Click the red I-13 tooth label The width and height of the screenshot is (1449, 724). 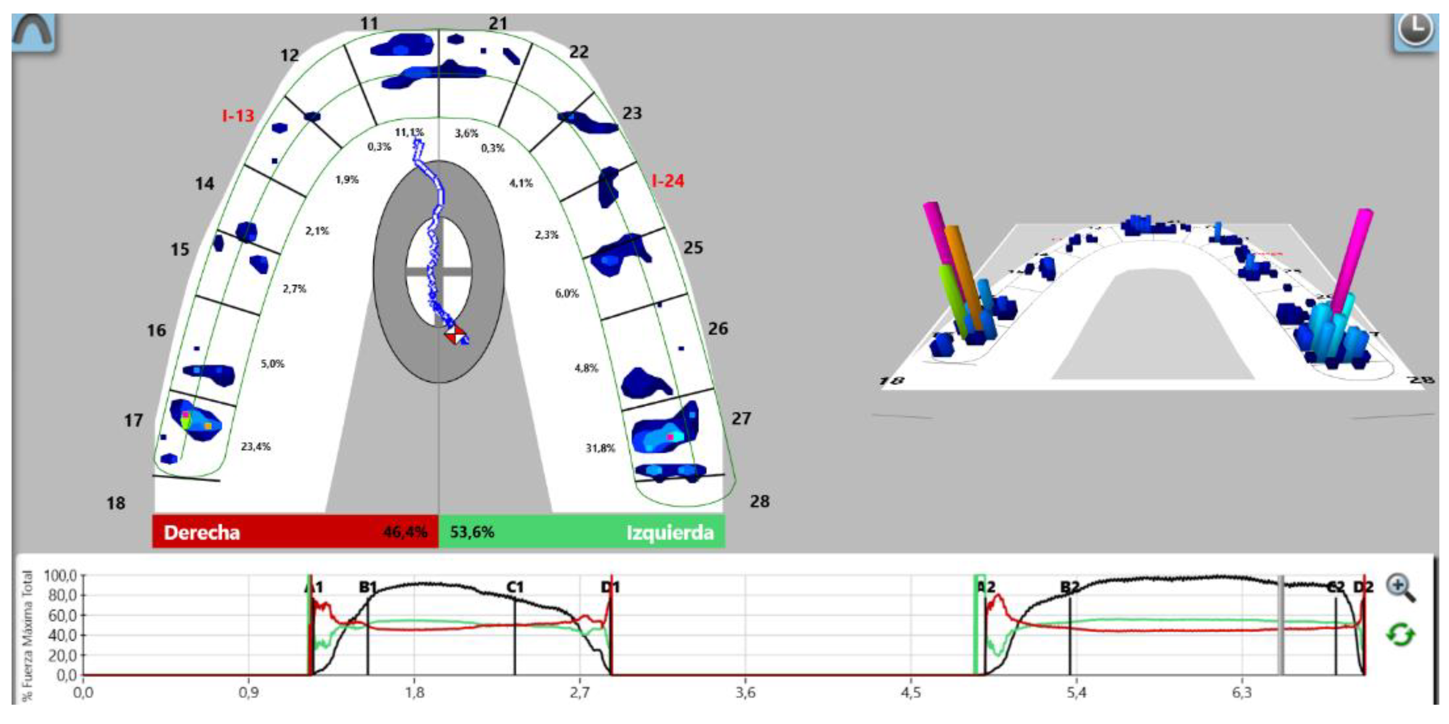pos(238,116)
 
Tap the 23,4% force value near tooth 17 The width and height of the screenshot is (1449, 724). pos(255,447)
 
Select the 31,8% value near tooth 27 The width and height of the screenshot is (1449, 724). pos(600,449)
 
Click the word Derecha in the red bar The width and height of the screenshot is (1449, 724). pos(201,533)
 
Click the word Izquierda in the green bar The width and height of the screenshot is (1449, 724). pos(669,533)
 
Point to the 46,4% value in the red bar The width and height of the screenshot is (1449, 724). pos(405,533)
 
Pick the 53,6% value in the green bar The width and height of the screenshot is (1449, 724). pos(472,533)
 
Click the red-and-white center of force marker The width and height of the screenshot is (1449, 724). pos(455,335)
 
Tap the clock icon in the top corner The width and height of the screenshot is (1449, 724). pos(1416,29)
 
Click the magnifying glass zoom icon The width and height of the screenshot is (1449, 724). pos(1401,588)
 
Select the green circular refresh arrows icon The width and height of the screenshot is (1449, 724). pos(1400,635)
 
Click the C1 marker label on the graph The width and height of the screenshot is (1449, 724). pos(515,587)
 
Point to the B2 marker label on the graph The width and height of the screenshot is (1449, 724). pos(1069,587)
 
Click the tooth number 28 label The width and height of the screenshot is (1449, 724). pos(759,502)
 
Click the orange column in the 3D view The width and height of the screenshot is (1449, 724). pos(963,276)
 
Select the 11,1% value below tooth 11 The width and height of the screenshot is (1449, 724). pos(409,133)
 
